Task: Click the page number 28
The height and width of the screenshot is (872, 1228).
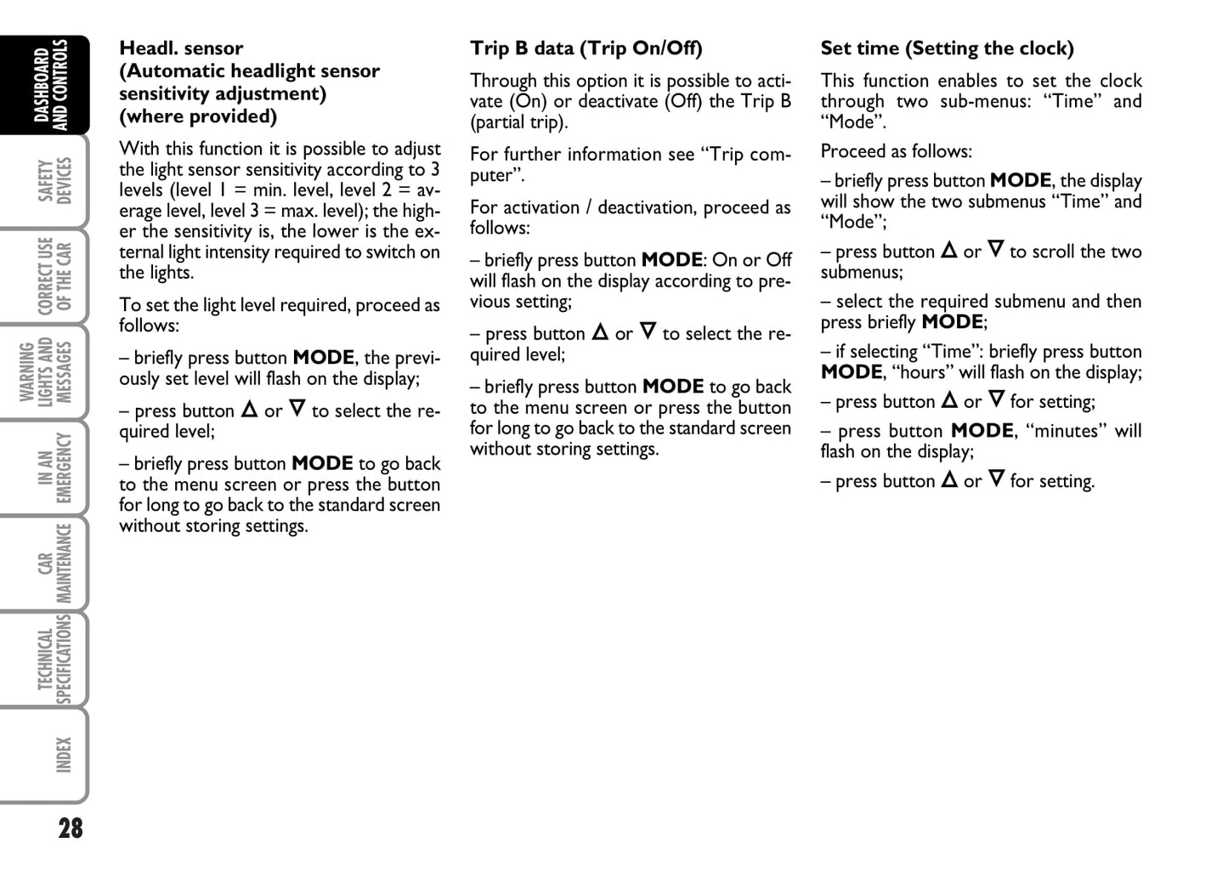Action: (x=71, y=828)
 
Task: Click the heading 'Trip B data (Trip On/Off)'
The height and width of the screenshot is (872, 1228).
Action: (x=586, y=48)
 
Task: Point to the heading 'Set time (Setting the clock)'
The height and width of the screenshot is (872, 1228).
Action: (x=947, y=48)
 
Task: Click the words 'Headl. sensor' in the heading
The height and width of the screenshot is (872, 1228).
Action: (x=181, y=48)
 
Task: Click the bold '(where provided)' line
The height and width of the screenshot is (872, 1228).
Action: (x=198, y=116)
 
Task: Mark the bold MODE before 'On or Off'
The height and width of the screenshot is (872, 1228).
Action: (x=671, y=260)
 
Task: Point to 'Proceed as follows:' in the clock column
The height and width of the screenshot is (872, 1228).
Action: (x=896, y=151)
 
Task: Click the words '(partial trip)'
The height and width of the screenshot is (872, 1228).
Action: (x=518, y=122)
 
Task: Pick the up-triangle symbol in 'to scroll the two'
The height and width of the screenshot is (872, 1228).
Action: (x=948, y=251)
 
